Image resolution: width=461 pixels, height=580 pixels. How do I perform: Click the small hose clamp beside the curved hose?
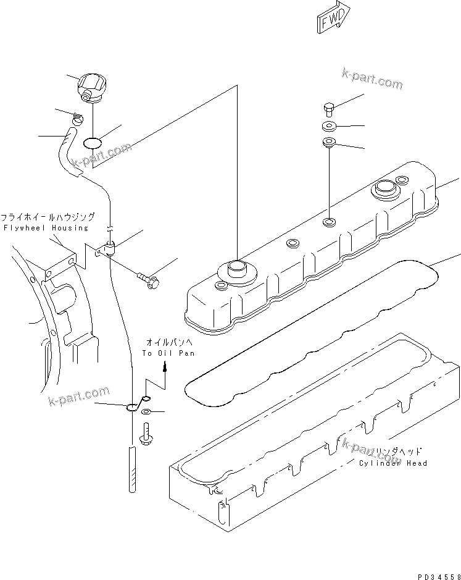77,118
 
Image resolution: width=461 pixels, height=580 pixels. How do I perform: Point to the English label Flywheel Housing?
46,228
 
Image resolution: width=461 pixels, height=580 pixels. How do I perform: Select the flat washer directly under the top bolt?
328,128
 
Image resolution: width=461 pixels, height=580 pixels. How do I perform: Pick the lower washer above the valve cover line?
328,145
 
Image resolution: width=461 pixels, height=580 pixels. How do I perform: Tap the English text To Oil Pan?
168,353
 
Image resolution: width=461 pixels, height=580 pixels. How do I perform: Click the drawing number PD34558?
437,576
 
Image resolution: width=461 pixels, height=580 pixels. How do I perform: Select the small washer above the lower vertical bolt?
146,412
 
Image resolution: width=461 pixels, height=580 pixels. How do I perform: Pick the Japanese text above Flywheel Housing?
48,217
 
